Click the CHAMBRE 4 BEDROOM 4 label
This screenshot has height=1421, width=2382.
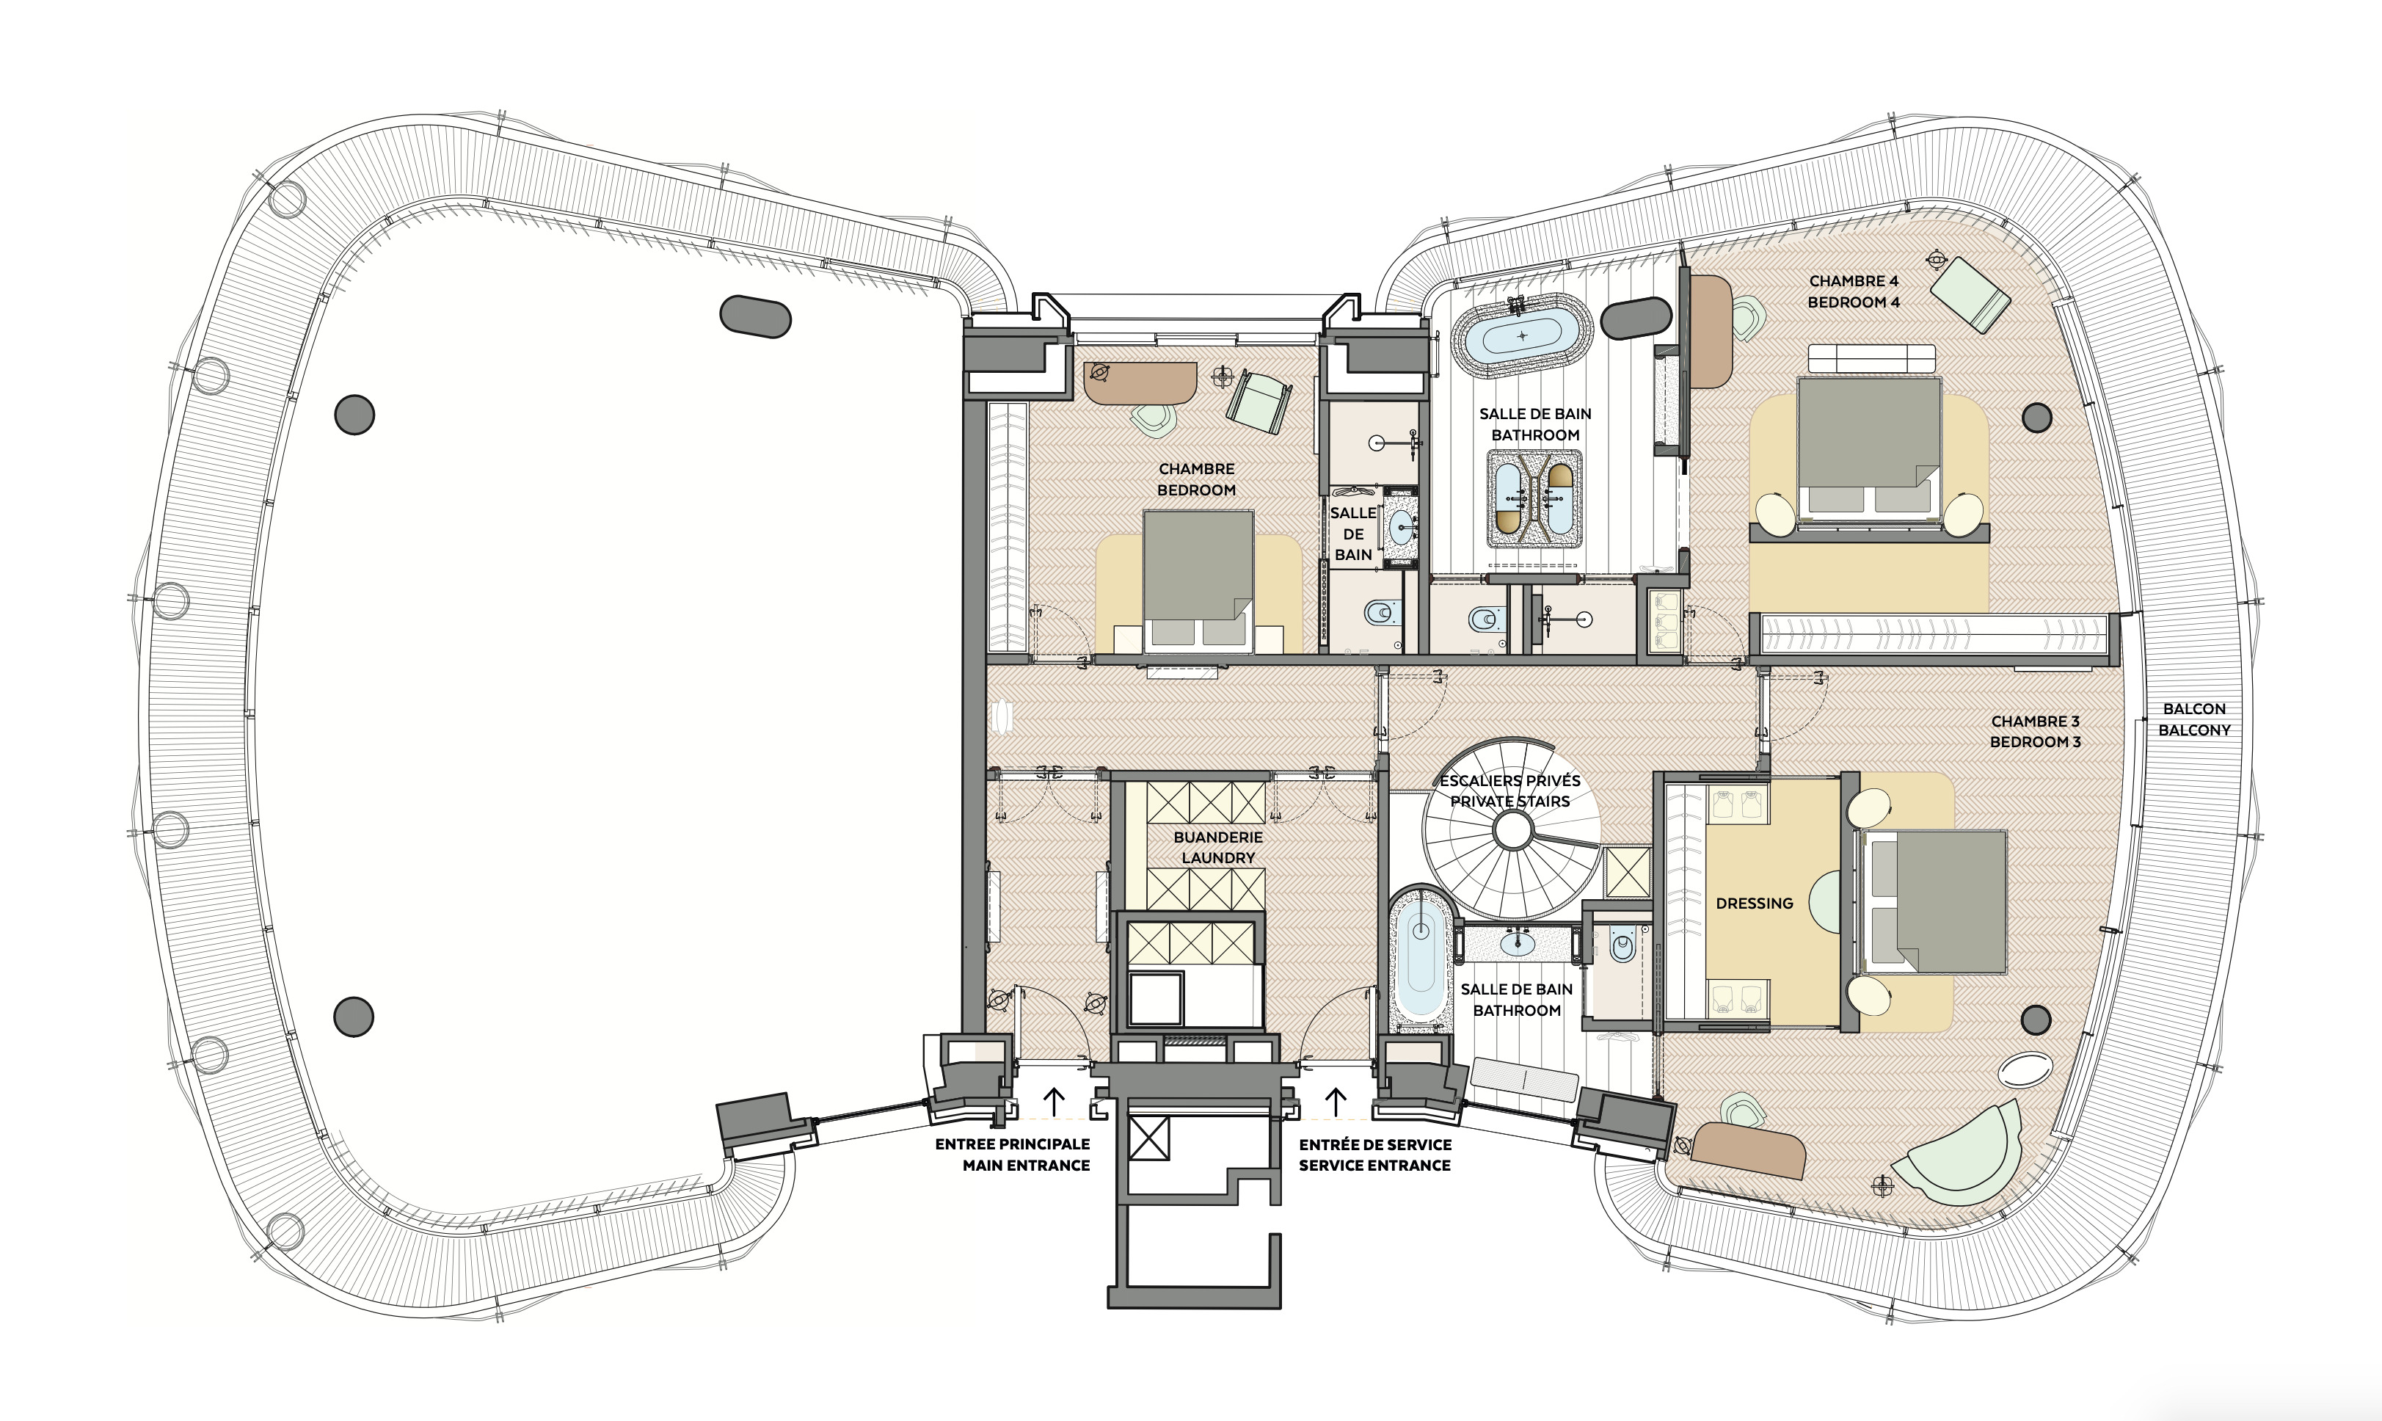1854,291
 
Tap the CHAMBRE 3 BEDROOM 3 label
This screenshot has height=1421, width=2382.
2036,732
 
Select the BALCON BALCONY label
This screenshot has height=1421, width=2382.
2194,719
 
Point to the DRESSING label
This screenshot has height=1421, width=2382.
1754,903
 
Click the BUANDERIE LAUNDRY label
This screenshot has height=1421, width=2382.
1218,848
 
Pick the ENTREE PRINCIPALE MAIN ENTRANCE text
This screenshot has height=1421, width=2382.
1013,1155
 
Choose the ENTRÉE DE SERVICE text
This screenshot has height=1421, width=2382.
1374,1144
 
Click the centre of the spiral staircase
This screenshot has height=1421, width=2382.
1512,830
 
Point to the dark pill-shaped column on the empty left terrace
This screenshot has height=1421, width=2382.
754,317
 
